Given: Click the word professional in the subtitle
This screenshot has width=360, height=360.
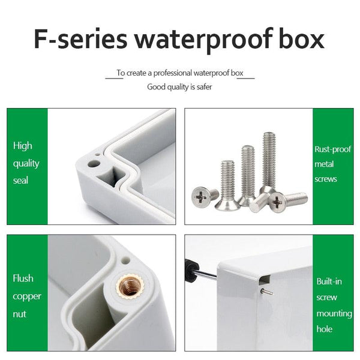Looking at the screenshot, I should [175, 73].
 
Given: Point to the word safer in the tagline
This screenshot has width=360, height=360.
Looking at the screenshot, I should [203, 86].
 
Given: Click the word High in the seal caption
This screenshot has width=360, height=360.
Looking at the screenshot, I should [23, 146].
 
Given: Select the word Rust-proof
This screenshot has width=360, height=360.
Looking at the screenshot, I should [332, 150].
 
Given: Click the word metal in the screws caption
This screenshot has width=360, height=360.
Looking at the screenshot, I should [325, 164].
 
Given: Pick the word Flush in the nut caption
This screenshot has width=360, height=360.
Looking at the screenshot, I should [23, 278].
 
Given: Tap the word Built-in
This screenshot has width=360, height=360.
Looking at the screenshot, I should [329, 281].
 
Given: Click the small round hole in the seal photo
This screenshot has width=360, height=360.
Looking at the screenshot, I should [93, 163].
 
